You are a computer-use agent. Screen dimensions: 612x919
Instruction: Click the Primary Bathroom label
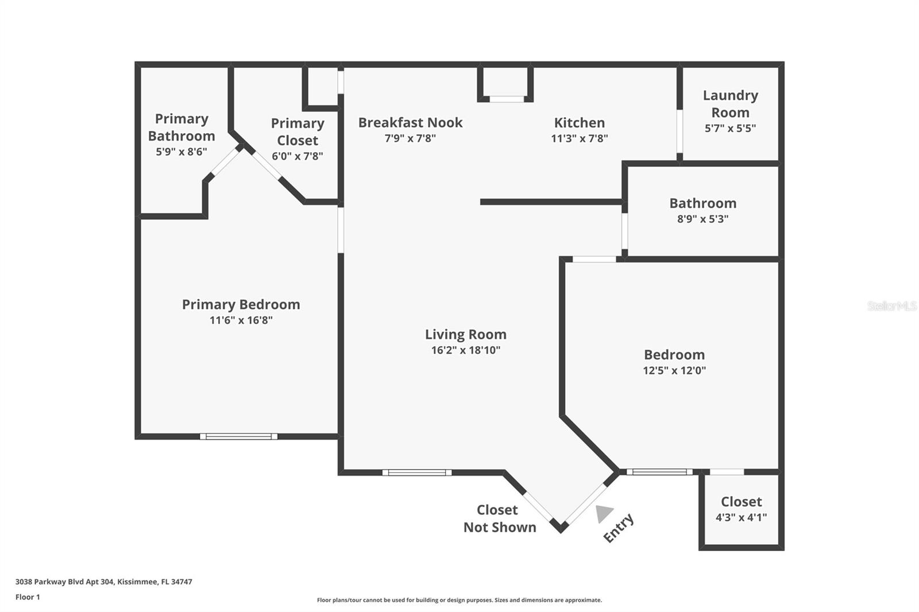click(x=182, y=127)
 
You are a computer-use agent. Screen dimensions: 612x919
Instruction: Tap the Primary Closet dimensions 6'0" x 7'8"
click(x=297, y=156)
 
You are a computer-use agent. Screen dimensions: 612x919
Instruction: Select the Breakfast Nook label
click(x=410, y=122)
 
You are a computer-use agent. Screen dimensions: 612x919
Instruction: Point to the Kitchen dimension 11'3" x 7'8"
click(x=579, y=138)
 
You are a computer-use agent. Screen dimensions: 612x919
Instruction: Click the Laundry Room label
click(x=730, y=104)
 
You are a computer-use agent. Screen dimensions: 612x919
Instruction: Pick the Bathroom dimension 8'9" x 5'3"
click(x=702, y=219)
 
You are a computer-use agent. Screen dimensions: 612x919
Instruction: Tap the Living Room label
click(x=465, y=334)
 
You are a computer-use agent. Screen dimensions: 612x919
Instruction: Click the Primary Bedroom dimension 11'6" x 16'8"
click(x=241, y=320)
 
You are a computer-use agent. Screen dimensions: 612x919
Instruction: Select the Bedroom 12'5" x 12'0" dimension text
click(x=674, y=370)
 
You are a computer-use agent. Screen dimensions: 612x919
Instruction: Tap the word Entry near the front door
click(x=618, y=528)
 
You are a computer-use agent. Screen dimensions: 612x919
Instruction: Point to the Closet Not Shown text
click(x=499, y=518)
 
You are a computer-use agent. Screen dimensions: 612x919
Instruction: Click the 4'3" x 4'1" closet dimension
click(x=741, y=517)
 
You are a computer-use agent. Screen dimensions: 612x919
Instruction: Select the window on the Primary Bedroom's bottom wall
click(x=238, y=436)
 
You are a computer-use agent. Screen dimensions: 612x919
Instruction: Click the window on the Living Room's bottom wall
click(x=417, y=472)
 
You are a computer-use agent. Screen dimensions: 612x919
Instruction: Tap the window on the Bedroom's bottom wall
click(x=659, y=472)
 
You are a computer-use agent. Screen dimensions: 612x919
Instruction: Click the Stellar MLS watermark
click(x=891, y=306)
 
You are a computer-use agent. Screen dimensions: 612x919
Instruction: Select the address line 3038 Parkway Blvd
click(x=103, y=582)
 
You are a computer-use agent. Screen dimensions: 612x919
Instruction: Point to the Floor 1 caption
click(x=28, y=597)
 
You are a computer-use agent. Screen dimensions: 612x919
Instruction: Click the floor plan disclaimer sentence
click(x=459, y=600)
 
